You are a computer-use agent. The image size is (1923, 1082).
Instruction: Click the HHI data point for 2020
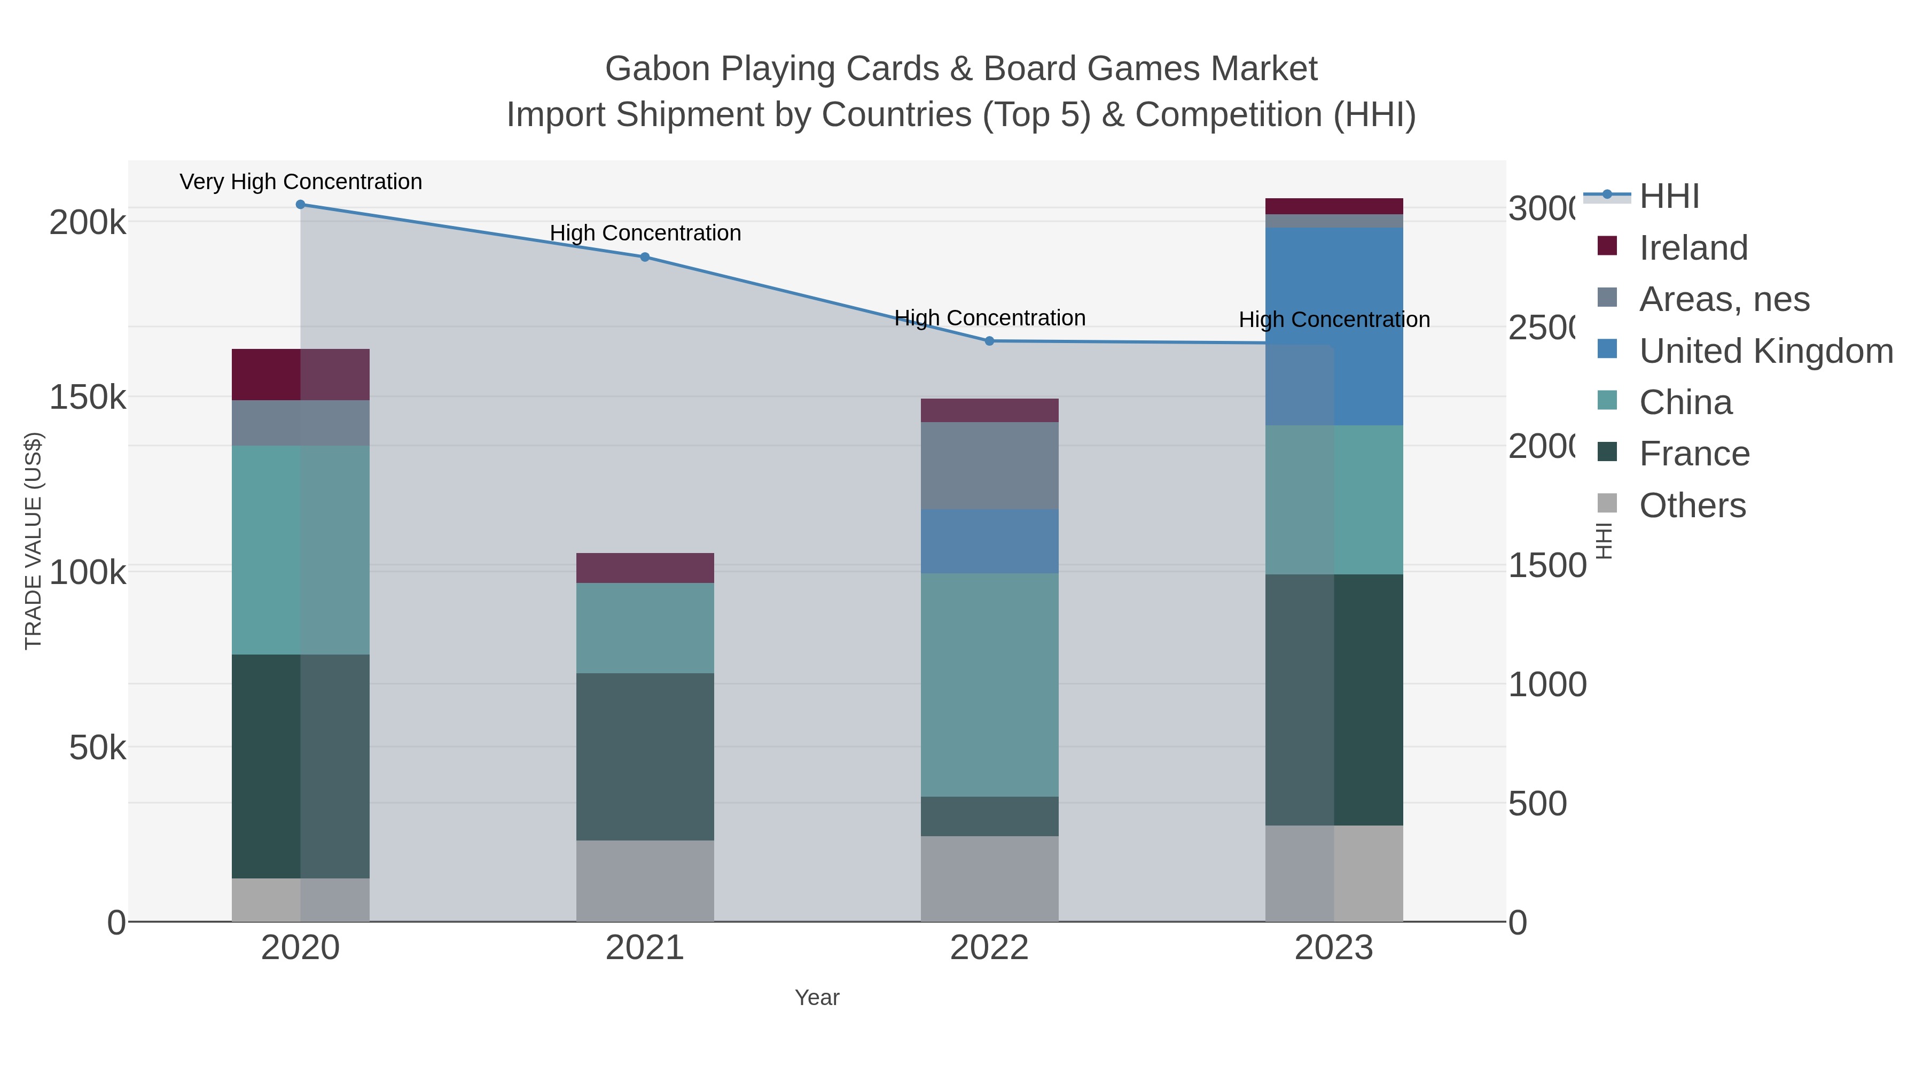(x=300, y=205)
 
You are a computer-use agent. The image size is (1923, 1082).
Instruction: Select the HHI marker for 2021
(x=645, y=257)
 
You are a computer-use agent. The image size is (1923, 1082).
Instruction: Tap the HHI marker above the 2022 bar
(x=989, y=341)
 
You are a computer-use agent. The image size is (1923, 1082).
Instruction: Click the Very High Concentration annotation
(x=301, y=182)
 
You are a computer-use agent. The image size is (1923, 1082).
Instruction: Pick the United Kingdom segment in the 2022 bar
(x=989, y=541)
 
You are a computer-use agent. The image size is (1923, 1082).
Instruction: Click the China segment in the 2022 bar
(x=989, y=685)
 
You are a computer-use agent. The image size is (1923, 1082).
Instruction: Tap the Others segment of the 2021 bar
(x=645, y=881)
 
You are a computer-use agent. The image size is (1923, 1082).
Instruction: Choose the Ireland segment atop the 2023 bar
(x=1334, y=206)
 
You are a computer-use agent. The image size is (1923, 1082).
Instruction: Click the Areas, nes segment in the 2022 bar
(x=989, y=466)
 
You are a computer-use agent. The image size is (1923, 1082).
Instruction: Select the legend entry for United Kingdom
(x=1765, y=351)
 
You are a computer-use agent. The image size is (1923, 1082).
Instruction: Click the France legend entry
(x=1694, y=454)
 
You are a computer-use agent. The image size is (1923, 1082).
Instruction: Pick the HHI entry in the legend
(x=1669, y=197)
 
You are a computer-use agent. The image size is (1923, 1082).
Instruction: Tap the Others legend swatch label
(x=1692, y=505)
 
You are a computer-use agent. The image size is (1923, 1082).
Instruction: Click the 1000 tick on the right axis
(x=1547, y=685)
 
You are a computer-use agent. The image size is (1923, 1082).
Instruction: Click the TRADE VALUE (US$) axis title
(x=34, y=541)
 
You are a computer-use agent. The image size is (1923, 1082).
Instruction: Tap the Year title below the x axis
(x=817, y=998)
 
